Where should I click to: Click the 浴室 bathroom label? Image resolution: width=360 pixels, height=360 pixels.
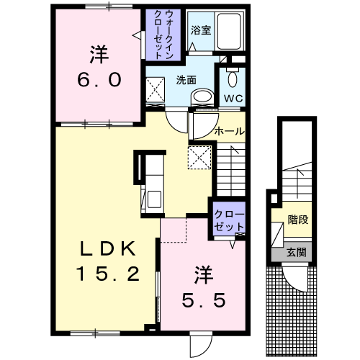point(201,30)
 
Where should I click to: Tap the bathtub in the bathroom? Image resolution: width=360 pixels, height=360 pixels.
point(229,31)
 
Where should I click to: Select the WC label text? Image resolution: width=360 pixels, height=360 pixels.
point(233,98)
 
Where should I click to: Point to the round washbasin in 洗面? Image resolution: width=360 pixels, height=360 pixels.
point(202,96)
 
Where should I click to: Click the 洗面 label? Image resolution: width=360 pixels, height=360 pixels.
point(186,80)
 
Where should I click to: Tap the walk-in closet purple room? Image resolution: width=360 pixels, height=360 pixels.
point(163,35)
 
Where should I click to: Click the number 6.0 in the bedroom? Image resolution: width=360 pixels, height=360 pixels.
point(99,80)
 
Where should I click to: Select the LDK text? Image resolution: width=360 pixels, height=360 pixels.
point(107,248)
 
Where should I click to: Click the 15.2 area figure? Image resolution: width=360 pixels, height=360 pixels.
point(108,274)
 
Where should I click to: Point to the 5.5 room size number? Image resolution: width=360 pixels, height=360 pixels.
point(204,301)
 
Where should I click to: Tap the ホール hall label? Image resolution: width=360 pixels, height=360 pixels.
point(230,132)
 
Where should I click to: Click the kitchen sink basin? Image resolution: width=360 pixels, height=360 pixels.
point(154,199)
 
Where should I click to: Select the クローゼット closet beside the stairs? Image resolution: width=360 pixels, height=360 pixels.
point(229,220)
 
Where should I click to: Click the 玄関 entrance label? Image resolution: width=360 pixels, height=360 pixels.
point(297,252)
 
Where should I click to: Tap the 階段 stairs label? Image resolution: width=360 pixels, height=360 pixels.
point(298,220)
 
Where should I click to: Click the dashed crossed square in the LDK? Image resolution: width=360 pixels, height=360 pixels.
point(199,158)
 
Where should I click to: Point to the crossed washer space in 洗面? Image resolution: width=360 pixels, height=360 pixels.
point(156,90)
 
